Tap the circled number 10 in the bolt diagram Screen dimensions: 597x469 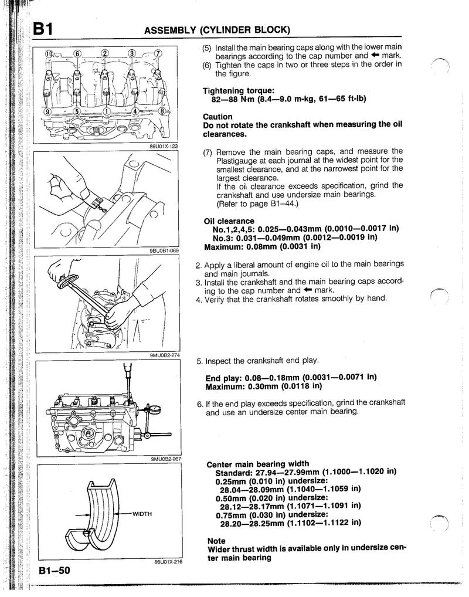coord(49,54)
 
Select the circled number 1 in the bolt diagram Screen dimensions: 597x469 coord(106,110)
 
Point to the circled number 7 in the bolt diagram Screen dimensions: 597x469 coord(158,54)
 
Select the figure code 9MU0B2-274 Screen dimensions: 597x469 coord(164,355)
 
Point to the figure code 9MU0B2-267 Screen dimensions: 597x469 coord(164,459)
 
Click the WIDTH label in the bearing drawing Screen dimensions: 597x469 coord(142,514)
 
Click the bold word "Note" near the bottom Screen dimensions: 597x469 coord(216,541)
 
